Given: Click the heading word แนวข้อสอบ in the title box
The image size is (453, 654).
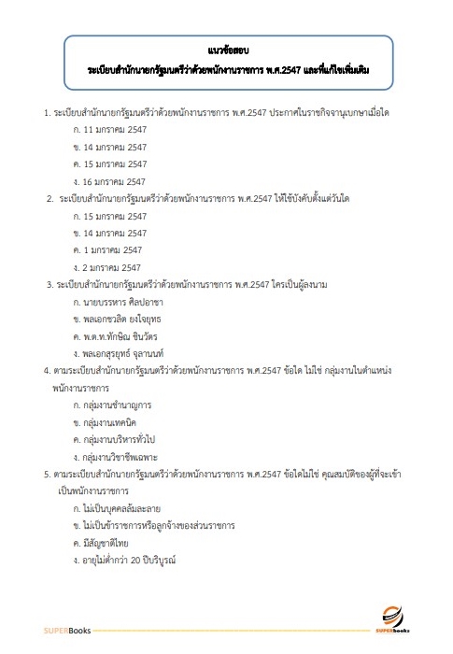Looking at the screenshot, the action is click(x=226, y=45).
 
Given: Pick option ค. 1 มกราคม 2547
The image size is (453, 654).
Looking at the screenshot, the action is click(x=107, y=249).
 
